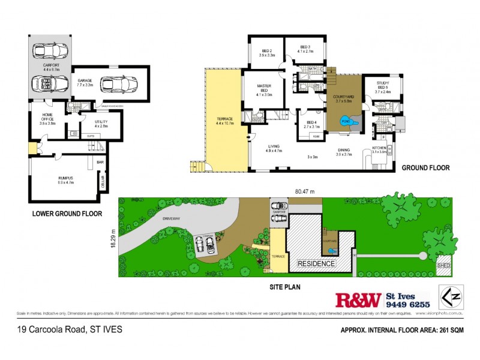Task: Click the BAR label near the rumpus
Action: click(101, 161)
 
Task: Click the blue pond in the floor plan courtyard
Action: click(346, 121)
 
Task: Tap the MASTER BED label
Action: click(264, 88)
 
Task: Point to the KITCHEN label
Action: click(380, 148)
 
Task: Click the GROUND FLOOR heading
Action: click(425, 168)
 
